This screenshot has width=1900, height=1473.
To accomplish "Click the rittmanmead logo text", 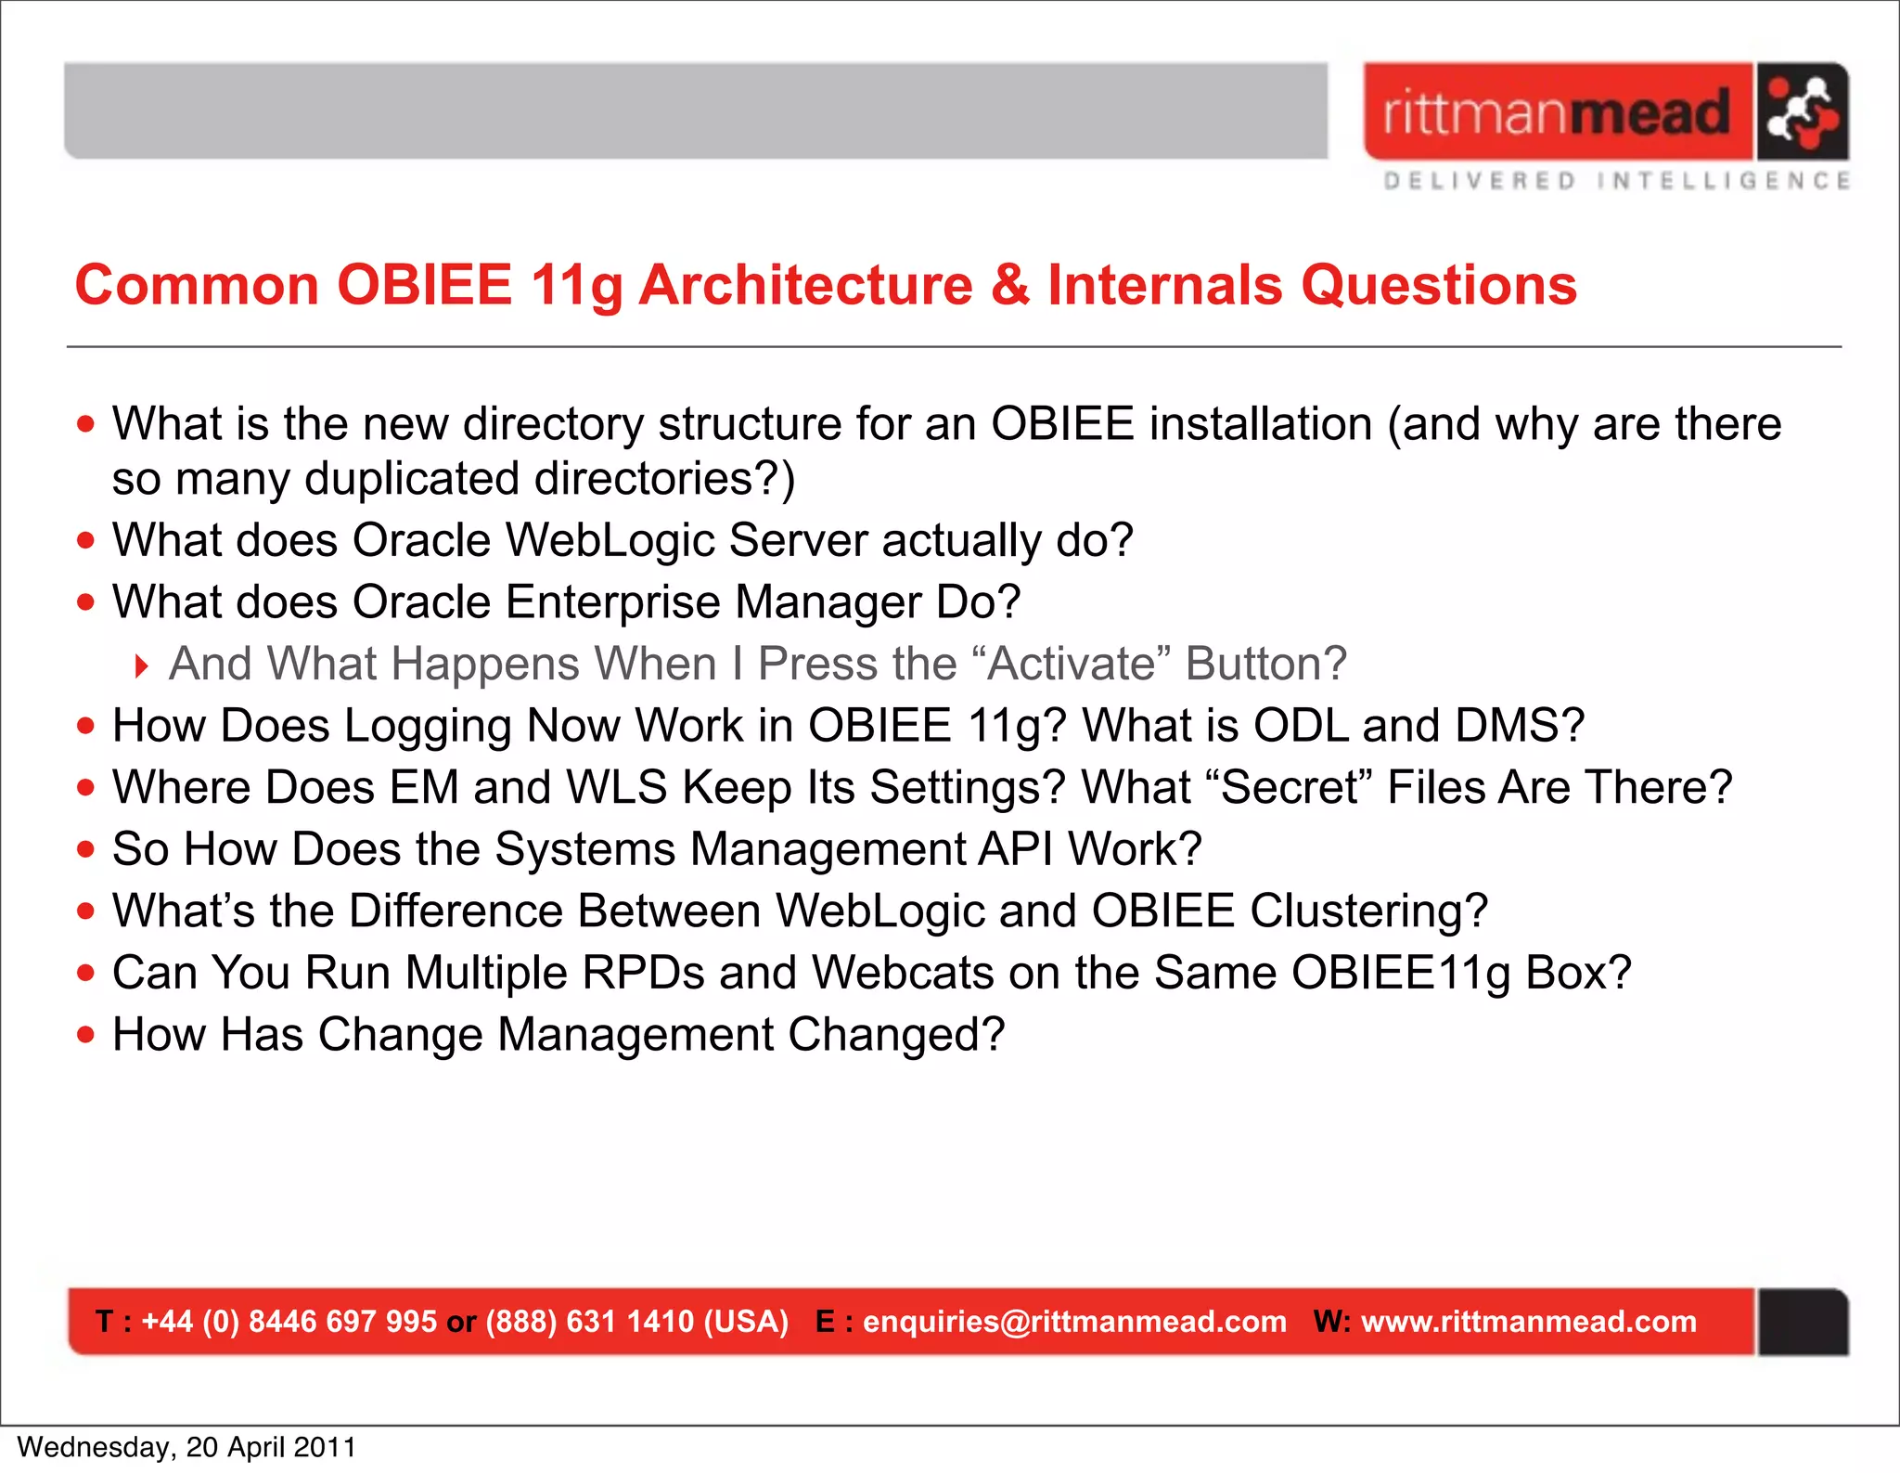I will coord(1557,113).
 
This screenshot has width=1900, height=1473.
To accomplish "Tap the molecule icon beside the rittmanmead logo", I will coord(1801,111).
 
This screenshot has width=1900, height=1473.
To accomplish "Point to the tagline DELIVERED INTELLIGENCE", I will coord(1616,181).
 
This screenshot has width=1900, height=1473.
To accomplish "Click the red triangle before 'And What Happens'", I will coord(142,665).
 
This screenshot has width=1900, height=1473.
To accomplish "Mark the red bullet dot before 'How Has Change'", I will coord(86,1034).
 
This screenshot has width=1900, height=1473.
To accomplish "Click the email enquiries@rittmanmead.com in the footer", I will coord(1074,1321).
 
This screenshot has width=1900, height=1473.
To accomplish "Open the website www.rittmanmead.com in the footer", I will coord(1528,1321).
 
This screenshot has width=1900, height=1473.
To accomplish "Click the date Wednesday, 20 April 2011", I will coord(186,1447).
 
